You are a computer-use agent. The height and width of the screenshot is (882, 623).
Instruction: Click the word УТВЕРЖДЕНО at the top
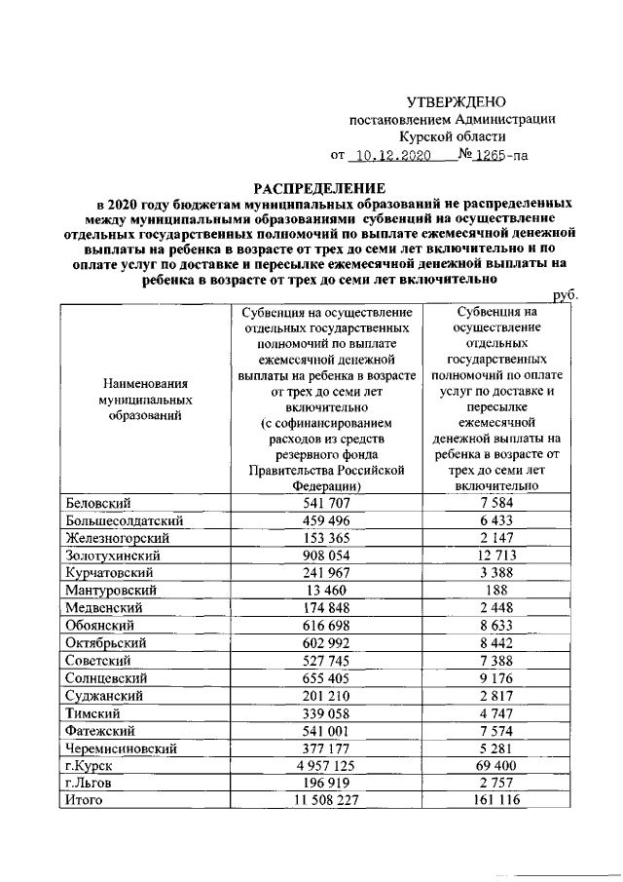[456, 101]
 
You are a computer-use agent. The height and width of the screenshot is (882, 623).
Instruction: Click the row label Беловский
[98, 503]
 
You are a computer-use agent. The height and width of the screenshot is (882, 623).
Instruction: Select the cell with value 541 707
[325, 503]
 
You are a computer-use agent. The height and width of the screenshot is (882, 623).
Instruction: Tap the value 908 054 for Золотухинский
[325, 555]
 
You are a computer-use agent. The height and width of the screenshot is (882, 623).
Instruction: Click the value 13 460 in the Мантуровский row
[325, 590]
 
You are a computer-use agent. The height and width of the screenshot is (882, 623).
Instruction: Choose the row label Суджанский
[104, 695]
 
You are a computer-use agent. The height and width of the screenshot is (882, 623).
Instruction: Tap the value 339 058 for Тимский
[325, 712]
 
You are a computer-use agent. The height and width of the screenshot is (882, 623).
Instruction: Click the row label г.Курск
[87, 766]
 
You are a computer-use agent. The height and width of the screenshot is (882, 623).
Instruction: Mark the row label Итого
[84, 800]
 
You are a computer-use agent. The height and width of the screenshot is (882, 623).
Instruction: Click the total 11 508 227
[325, 800]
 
